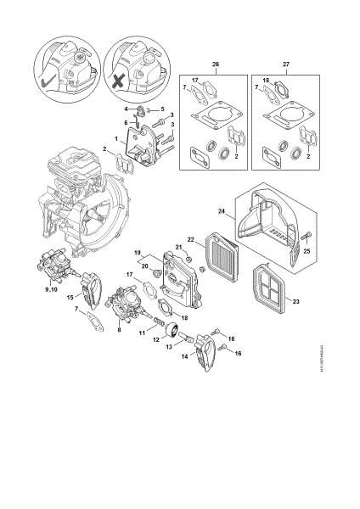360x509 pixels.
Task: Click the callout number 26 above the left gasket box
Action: [215, 65]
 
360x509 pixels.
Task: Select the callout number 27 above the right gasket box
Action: [286, 65]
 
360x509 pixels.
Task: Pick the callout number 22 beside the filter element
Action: [191, 240]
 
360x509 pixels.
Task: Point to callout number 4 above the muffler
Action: [125, 109]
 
